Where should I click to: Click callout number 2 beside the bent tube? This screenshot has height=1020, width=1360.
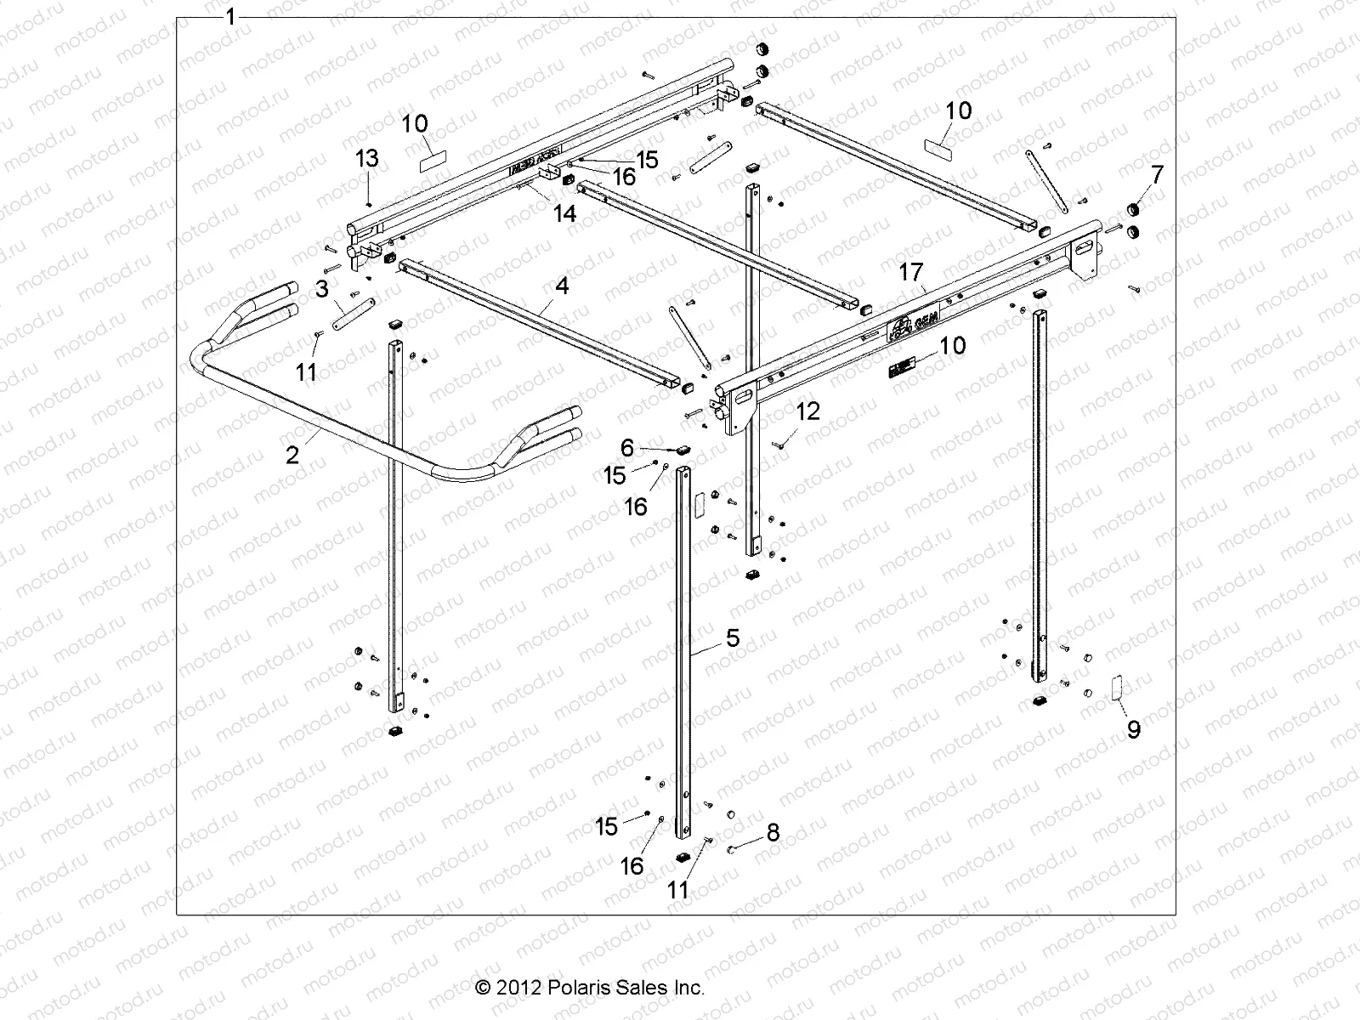[x=292, y=456]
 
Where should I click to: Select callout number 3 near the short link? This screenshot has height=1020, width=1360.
[x=322, y=289]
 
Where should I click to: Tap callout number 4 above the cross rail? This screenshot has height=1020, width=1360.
[x=562, y=286]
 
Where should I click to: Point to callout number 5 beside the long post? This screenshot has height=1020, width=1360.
[x=732, y=637]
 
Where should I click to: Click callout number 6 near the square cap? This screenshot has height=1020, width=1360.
[x=628, y=448]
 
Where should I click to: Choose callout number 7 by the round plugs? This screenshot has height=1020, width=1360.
[x=1157, y=174]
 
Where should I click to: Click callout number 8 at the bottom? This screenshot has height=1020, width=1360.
[x=772, y=832]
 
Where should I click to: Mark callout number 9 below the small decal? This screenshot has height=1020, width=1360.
[x=1134, y=728]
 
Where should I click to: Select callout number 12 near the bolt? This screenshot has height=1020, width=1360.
[x=807, y=411]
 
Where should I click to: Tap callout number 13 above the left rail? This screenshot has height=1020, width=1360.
[x=366, y=158]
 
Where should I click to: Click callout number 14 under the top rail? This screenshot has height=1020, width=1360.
[x=564, y=213]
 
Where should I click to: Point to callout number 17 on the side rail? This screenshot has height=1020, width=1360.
[x=910, y=273]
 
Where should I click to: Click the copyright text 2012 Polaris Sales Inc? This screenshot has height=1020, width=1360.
[x=590, y=988]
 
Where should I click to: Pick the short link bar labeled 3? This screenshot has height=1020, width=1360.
[x=353, y=314]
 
